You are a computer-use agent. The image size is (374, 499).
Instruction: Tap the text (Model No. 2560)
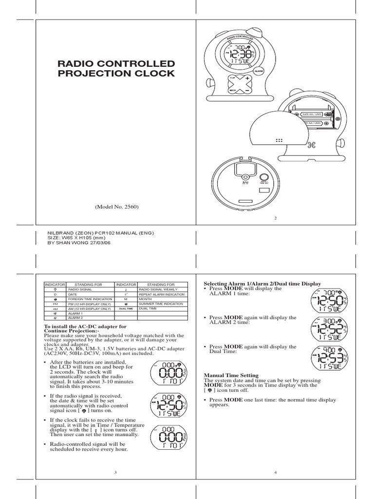coord(117,207)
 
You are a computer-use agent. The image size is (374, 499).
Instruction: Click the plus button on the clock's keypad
coord(247,78)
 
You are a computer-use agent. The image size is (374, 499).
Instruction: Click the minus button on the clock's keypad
coord(247,91)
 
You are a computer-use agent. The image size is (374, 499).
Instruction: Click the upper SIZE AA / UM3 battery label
coord(312,114)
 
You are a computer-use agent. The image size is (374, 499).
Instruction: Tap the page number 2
coord(275,218)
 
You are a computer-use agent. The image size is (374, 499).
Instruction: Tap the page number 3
coord(115,472)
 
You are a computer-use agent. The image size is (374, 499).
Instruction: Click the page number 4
coord(275,472)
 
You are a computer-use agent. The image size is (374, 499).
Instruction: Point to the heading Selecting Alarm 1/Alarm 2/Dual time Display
coord(262,284)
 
